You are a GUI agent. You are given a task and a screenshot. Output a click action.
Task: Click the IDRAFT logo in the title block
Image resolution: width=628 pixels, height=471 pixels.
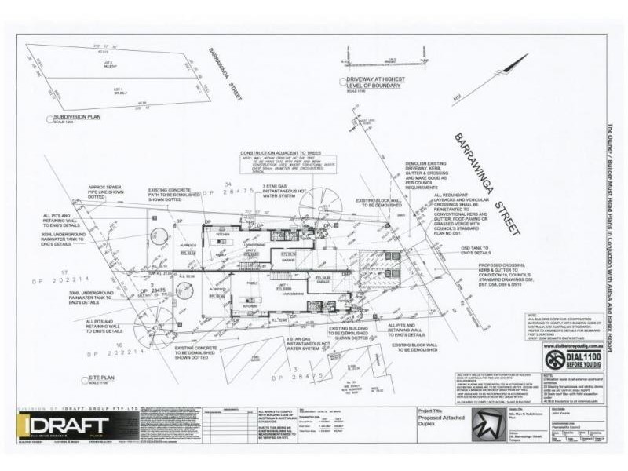[x=64, y=428]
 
